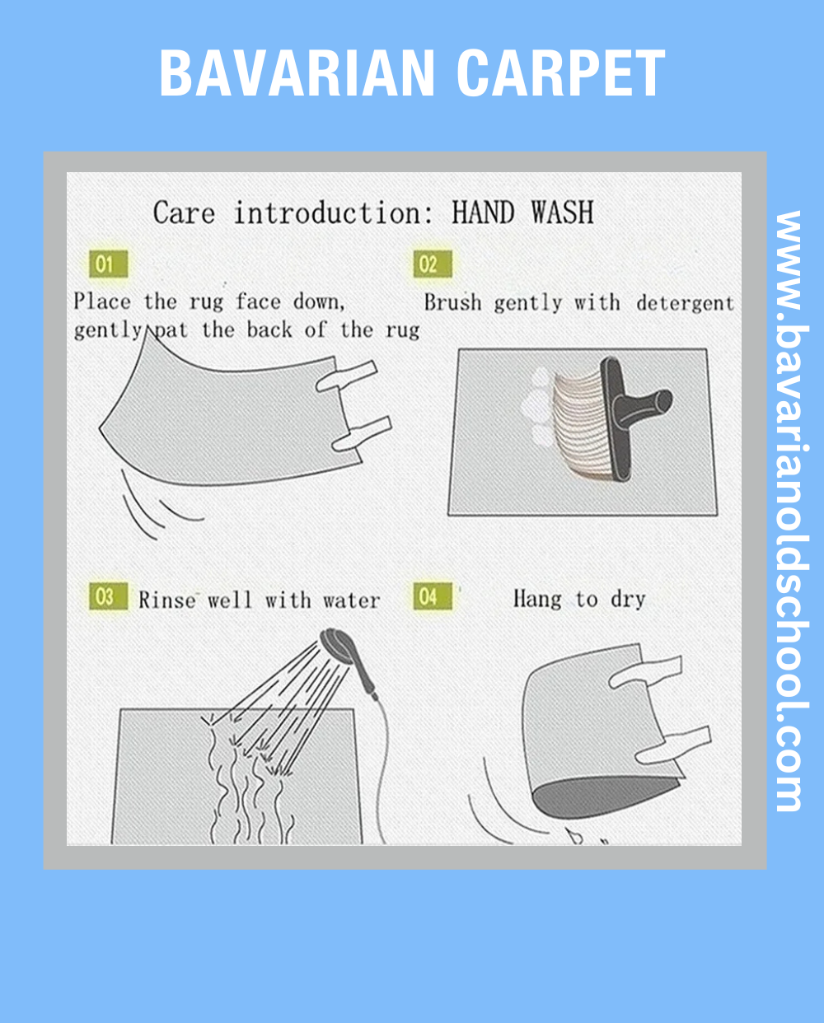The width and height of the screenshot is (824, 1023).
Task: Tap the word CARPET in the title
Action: click(561, 72)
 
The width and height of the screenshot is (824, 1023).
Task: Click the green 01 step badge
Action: click(109, 264)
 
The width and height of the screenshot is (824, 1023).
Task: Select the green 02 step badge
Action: click(433, 264)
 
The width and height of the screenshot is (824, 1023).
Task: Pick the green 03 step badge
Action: click(109, 596)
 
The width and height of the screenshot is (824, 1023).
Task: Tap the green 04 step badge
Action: click(433, 596)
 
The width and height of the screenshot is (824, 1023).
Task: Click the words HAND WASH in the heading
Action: click(523, 213)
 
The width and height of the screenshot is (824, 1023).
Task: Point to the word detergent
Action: click(685, 304)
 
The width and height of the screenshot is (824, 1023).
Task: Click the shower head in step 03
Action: click(339, 647)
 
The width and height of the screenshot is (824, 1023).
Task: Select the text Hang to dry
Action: click(579, 600)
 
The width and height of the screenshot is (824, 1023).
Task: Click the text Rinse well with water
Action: click(260, 600)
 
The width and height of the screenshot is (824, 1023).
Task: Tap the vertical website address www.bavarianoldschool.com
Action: click(791, 511)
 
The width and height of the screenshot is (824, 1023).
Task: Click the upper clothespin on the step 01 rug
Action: click(346, 375)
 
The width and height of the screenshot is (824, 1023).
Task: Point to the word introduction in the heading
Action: click(333, 213)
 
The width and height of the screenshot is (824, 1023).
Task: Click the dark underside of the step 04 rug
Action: click(604, 799)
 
